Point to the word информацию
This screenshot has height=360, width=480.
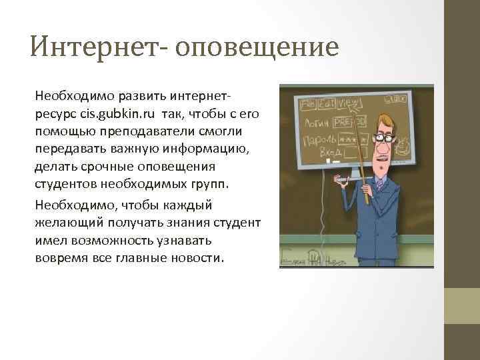tap(203, 148)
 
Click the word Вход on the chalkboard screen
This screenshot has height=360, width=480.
tap(331, 154)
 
